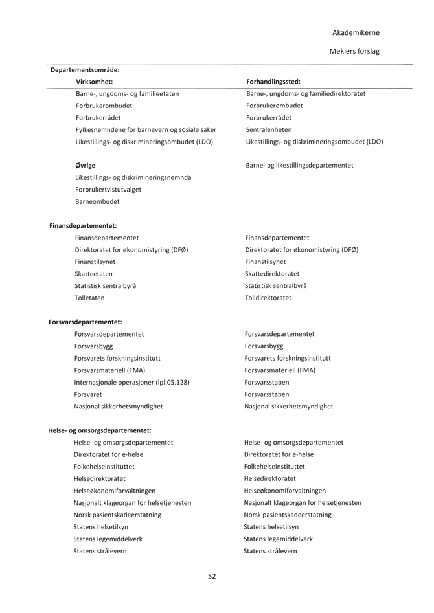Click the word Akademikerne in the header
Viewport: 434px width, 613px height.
click(356, 32)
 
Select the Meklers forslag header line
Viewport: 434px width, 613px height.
click(354, 50)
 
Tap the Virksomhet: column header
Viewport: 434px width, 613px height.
click(95, 82)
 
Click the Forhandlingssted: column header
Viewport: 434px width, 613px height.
click(273, 82)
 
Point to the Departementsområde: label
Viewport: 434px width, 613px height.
click(85, 70)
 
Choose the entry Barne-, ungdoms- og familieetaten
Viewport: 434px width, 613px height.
click(128, 94)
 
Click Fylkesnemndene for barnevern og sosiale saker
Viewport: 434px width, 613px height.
click(146, 129)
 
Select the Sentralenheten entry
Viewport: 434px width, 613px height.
click(269, 129)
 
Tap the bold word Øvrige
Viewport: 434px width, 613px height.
click(86, 166)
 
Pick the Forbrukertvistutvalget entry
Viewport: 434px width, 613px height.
click(108, 190)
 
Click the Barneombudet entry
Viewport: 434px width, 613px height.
click(97, 201)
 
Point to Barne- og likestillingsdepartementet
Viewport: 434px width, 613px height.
click(299, 166)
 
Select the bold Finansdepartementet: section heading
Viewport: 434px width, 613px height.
click(83, 226)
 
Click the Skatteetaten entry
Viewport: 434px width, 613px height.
click(94, 274)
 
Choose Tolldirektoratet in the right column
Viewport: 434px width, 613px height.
click(268, 298)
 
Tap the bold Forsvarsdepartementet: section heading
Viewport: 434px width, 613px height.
click(86, 322)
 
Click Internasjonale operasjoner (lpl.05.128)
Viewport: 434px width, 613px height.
click(131, 382)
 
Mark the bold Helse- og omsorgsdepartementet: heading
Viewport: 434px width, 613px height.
click(100, 430)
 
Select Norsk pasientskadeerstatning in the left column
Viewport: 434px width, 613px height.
click(118, 515)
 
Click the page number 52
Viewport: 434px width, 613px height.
click(212, 576)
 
